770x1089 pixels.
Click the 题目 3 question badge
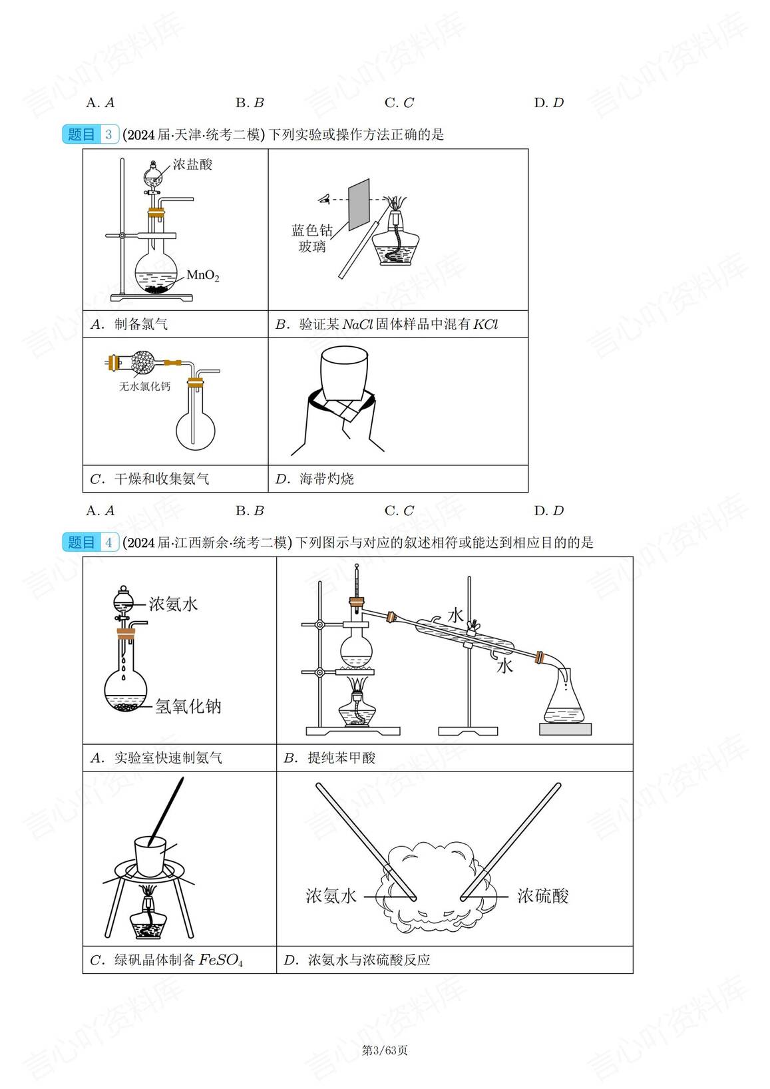click(x=90, y=134)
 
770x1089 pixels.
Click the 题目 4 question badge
click(x=90, y=543)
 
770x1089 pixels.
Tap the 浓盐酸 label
click(x=192, y=164)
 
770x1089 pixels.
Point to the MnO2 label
click(x=202, y=276)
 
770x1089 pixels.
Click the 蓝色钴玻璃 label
click(x=311, y=238)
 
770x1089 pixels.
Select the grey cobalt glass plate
click(x=359, y=203)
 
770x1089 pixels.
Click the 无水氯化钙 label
click(x=144, y=386)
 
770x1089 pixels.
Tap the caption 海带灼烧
click(x=326, y=479)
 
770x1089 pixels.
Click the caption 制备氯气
click(x=140, y=324)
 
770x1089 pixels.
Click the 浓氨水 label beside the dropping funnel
click(x=173, y=604)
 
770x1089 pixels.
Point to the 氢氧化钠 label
click(x=188, y=706)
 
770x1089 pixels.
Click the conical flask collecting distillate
click(x=564, y=702)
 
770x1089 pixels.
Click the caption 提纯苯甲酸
click(x=341, y=758)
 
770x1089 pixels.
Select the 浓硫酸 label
click(x=543, y=896)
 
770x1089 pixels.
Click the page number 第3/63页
click(x=385, y=1050)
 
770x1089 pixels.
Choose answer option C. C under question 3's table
click(x=399, y=511)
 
